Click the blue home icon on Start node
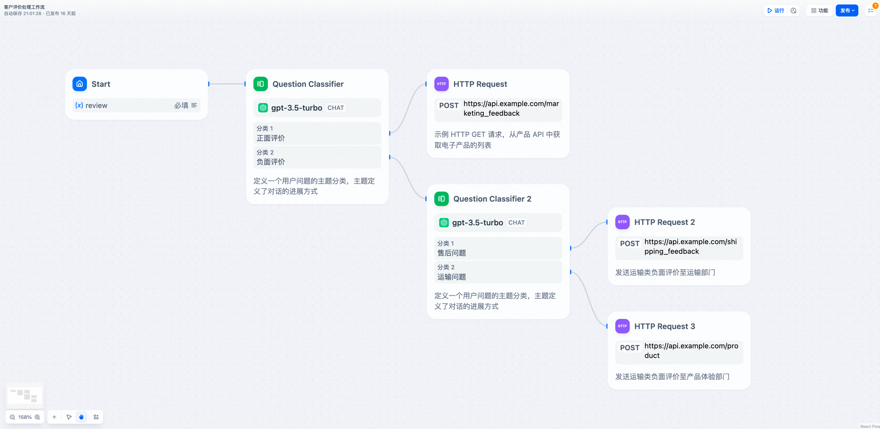click(x=79, y=84)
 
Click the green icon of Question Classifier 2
click(x=441, y=199)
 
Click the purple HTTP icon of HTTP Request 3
click(x=622, y=326)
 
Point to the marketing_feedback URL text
click(x=511, y=108)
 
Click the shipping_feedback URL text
click(x=691, y=246)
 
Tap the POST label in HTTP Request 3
click(x=630, y=348)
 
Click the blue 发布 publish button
click(x=847, y=11)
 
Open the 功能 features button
click(x=819, y=11)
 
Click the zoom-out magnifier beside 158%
click(x=13, y=417)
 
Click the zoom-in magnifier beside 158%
click(x=37, y=417)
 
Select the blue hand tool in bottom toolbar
click(x=81, y=417)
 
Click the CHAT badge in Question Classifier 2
click(x=516, y=223)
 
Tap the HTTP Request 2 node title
click(x=665, y=222)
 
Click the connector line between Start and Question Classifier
click(x=227, y=84)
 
